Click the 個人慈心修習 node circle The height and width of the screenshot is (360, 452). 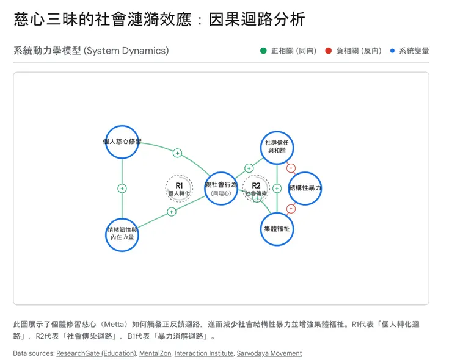[x=122, y=142]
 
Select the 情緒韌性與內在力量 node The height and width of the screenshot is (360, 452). [x=122, y=234]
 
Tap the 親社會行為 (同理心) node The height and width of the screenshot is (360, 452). [x=221, y=188]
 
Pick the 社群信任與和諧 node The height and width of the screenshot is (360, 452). [x=277, y=147]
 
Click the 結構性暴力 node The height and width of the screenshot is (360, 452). [x=305, y=188]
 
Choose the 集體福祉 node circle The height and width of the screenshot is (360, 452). [x=277, y=229]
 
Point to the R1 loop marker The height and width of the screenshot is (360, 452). [x=179, y=188]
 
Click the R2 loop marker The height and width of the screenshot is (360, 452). [x=256, y=188]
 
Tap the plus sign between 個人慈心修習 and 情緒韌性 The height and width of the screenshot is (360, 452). [x=122, y=189]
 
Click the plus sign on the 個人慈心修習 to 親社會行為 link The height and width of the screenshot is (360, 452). [x=177, y=153]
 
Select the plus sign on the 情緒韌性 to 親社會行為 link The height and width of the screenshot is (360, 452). [x=171, y=212]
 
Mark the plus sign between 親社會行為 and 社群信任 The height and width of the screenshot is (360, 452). [x=249, y=168]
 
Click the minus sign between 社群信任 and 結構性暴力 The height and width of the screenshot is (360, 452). [x=291, y=168]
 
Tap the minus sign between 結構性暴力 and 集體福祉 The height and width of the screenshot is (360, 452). [x=291, y=209]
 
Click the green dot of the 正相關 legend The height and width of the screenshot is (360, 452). [x=263, y=51]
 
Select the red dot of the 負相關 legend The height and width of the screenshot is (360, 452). [x=328, y=51]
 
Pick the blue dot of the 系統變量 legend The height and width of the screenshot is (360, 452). [x=392, y=51]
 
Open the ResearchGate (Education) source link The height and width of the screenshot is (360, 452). [x=96, y=353]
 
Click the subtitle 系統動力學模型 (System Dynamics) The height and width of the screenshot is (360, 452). [x=91, y=51]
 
